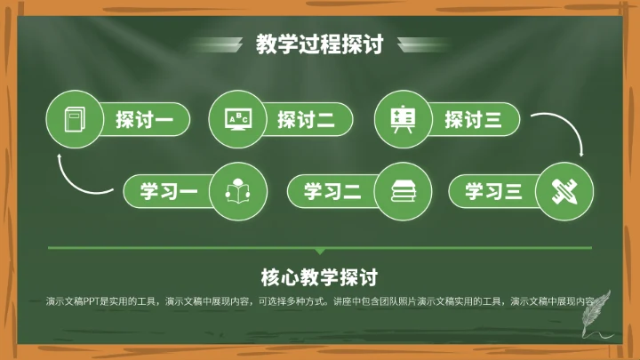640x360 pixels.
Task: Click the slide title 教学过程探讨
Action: click(x=319, y=44)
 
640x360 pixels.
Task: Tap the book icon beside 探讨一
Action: click(x=73, y=119)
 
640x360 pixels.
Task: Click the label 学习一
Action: click(x=168, y=190)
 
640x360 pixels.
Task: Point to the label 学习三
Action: click(x=494, y=190)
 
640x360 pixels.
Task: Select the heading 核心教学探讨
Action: click(x=319, y=276)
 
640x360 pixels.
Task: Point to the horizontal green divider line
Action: click(x=319, y=248)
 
